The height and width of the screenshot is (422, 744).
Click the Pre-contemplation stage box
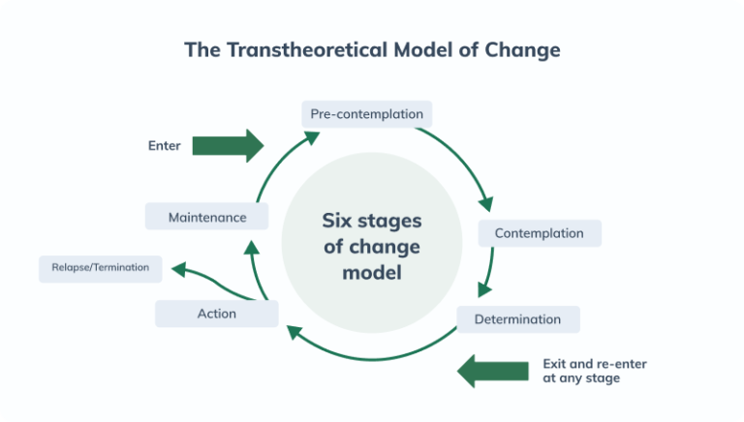tap(366, 114)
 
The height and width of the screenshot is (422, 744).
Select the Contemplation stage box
tap(539, 233)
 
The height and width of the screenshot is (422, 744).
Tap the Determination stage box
tap(517, 319)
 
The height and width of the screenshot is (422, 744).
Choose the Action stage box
tap(216, 314)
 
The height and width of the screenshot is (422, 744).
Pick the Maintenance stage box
tap(206, 217)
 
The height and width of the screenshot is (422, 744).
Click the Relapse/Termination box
tap(100, 268)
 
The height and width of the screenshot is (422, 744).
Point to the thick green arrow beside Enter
tap(228, 145)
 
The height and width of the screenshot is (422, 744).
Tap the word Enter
tap(164, 146)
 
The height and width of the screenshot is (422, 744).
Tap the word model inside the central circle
tap(371, 273)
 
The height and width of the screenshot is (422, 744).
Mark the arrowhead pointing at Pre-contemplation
tap(312, 136)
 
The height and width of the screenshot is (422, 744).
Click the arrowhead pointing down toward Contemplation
tap(485, 203)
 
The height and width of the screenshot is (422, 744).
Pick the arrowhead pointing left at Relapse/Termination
tap(177, 266)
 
